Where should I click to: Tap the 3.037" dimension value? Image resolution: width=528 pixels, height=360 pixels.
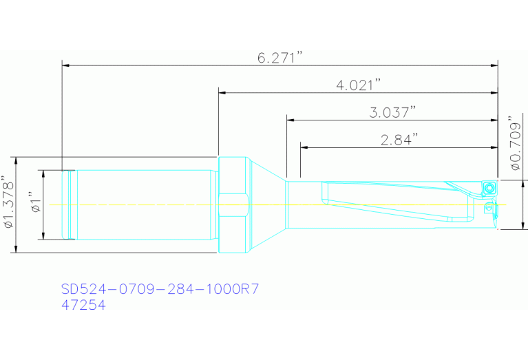point(392,112)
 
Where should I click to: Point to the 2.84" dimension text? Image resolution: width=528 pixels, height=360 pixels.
point(399,140)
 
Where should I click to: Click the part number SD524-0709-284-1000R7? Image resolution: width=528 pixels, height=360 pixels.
point(160,288)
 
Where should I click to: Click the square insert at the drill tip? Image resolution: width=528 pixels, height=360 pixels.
point(489,187)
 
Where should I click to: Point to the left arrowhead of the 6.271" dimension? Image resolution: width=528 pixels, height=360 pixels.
point(66,66)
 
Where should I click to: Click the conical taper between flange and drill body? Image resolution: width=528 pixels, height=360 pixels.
point(266,204)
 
